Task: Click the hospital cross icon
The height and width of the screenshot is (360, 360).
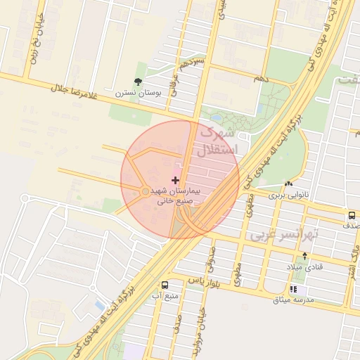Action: point(175,181)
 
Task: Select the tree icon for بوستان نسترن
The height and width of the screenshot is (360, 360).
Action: point(138,82)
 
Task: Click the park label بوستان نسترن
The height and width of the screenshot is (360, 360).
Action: point(139,93)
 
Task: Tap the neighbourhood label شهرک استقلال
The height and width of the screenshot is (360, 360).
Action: point(219,141)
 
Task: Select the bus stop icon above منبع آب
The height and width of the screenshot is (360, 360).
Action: point(165,285)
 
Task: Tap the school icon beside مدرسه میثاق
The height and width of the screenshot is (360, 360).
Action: point(293,289)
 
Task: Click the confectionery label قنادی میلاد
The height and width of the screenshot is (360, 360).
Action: point(304,268)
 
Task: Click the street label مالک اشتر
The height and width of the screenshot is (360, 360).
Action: point(354,257)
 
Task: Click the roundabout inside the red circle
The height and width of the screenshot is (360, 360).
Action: point(145,191)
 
